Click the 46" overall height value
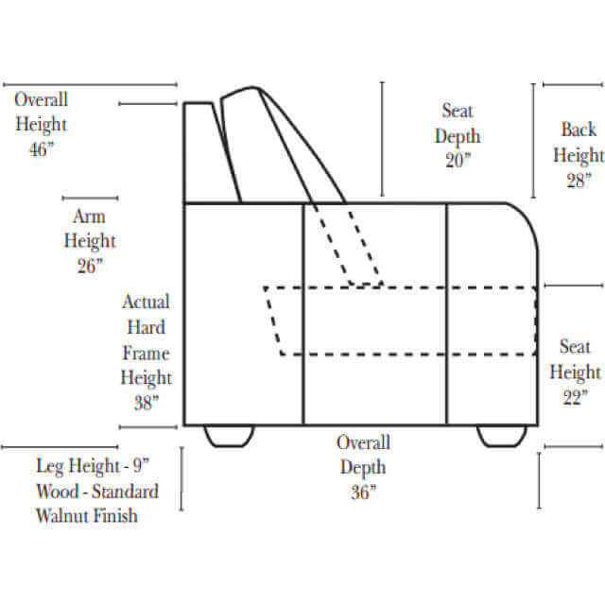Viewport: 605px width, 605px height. click(42, 149)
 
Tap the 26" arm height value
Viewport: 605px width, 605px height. click(90, 266)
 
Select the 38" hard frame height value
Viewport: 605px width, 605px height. click(147, 403)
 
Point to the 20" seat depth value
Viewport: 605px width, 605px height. click(458, 160)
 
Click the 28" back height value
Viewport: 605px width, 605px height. click(579, 180)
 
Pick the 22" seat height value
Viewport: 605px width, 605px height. click(576, 397)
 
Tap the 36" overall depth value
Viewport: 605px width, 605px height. click(363, 492)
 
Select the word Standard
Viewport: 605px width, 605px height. click(125, 492)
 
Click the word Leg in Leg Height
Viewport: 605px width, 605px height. click(50, 466)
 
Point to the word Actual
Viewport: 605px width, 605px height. click(146, 302)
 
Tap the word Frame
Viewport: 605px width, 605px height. click(146, 353)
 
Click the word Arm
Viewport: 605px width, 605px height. click(89, 216)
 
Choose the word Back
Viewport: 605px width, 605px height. click(579, 130)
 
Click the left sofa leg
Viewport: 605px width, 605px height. click(229, 436)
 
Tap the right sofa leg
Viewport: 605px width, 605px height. click(502, 436)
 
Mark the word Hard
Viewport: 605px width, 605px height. click(147, 327)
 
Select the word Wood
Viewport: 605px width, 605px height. click(58, 492)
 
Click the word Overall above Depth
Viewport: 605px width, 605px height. click(363, 442)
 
